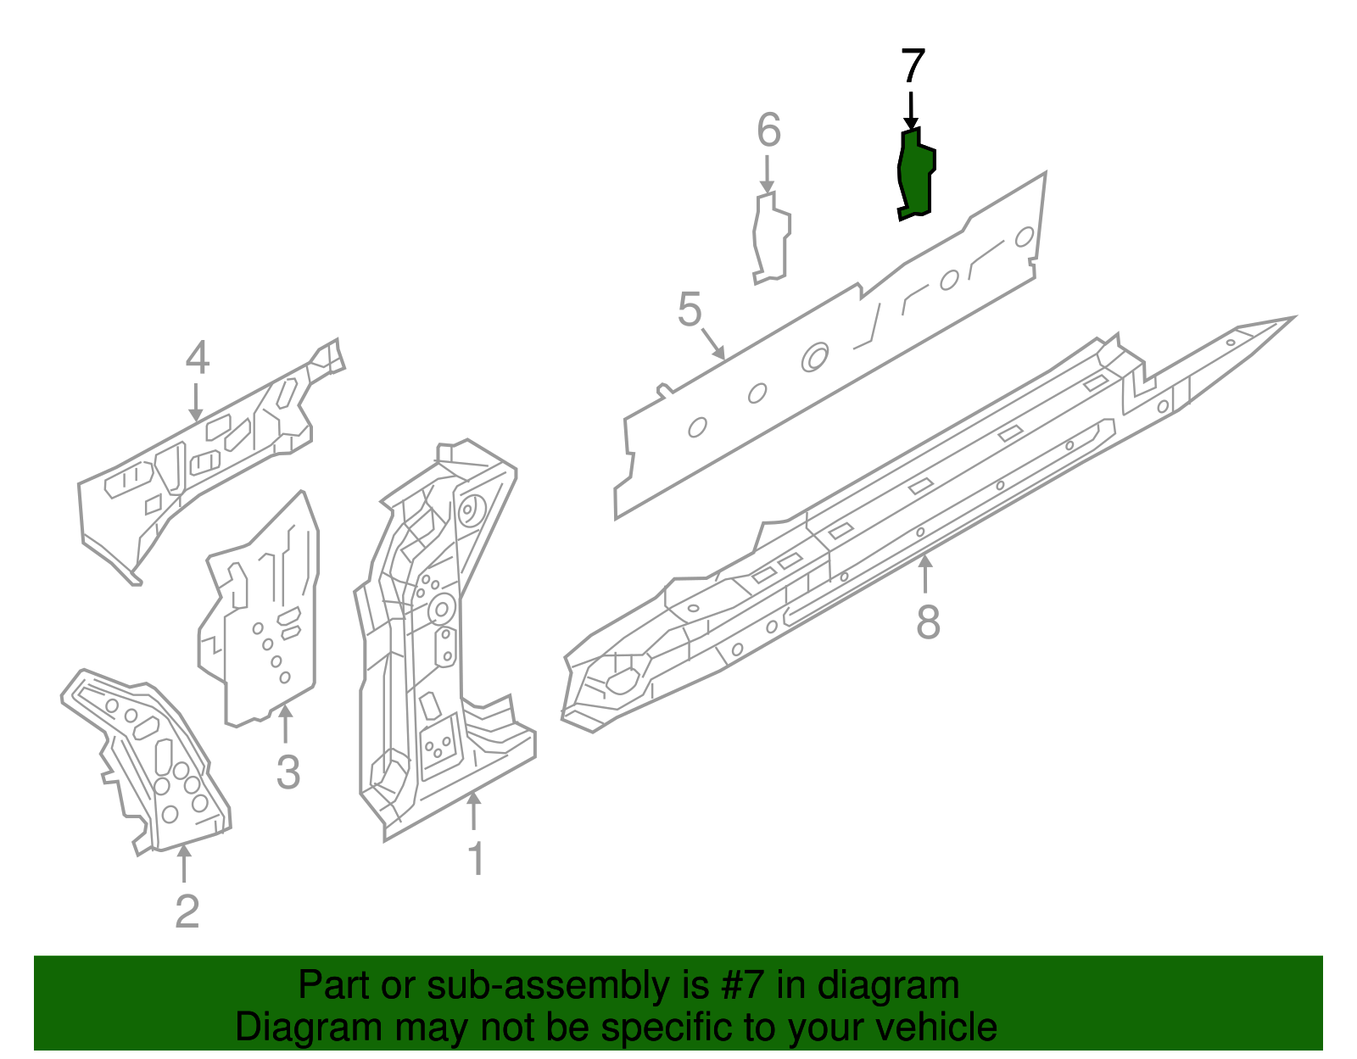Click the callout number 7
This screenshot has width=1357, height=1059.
coord(912,66)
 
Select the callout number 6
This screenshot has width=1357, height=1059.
coord(768,131)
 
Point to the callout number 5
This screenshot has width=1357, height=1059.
coord(690,309)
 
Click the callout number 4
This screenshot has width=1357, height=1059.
coord(197,359)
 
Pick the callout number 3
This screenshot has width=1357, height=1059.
coord(288,772)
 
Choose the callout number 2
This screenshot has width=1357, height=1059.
coord(187,911)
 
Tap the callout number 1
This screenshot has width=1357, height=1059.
coord(477,859)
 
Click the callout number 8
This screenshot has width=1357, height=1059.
coord(929,622)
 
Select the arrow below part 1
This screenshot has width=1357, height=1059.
coord(474,810)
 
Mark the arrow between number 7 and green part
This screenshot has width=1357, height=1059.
coord(911,110)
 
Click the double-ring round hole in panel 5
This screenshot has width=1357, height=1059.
coord(815,357)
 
